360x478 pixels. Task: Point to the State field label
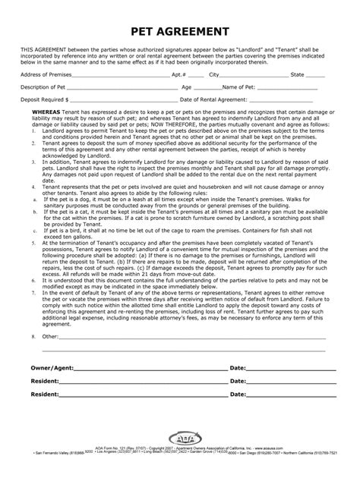pos(298,75)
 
